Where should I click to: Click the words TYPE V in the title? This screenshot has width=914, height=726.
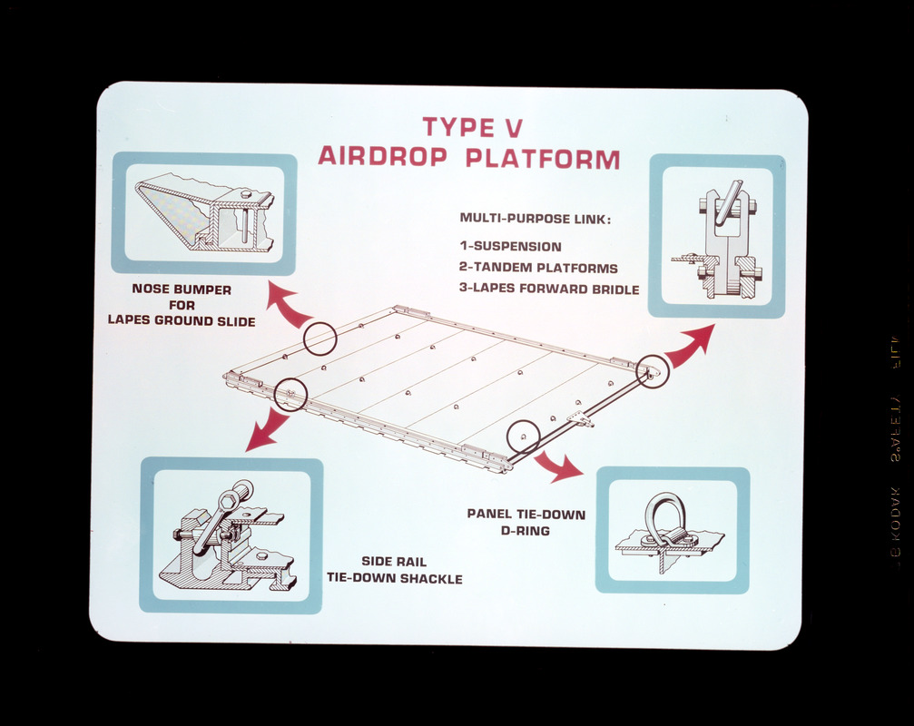472,126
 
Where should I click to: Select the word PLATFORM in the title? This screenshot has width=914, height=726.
543,158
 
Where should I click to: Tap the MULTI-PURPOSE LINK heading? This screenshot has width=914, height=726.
535,219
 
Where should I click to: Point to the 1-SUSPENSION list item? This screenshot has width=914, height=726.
510,247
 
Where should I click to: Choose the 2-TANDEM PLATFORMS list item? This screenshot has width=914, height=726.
537,269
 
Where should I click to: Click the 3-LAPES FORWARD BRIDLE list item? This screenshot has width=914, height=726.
548,290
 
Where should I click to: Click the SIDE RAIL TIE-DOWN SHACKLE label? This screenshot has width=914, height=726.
394,570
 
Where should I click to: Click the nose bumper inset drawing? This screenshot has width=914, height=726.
204,213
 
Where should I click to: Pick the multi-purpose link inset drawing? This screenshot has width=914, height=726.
717,237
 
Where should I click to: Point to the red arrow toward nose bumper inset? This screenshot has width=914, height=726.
290,307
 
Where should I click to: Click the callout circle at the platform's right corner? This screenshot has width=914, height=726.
653,371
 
